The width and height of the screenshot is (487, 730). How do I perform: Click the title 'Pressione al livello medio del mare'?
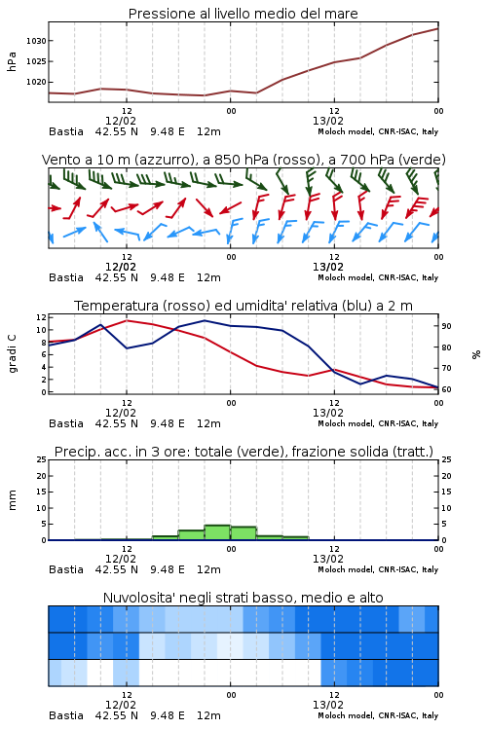[243, 14]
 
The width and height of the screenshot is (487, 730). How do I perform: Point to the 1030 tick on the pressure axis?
[36, 41]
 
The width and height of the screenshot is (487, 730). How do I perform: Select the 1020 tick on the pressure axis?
[36, 82]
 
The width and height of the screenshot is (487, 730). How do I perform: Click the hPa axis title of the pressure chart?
[12, 61]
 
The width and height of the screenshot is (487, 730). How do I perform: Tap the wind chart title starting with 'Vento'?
[243, 160]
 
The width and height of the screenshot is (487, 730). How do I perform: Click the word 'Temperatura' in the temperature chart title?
[117, 306]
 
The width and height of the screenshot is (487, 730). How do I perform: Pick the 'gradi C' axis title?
[12, 353]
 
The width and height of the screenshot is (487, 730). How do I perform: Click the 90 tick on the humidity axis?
[446, 326]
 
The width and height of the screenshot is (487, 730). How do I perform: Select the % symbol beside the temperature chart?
[476, 354]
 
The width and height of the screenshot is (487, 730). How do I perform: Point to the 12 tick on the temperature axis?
[41, 317]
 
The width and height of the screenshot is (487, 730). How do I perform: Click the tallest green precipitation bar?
[217, 532]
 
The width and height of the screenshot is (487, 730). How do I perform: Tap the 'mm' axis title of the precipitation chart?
[12, 500]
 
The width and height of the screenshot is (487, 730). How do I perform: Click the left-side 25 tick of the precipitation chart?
[41, 459]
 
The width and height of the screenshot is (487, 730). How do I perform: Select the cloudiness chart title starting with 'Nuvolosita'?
[243, 598]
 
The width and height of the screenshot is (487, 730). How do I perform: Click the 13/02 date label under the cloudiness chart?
[328, 705]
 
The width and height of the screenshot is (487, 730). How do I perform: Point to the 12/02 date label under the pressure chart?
[121, 121]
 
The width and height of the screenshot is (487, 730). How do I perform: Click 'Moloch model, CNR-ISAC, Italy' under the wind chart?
[378, 277]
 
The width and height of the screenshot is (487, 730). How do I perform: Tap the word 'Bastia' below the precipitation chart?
[66, 569]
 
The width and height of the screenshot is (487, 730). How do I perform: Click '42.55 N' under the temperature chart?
[117, 423]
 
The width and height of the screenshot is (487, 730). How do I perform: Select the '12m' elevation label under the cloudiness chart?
[208, 715]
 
